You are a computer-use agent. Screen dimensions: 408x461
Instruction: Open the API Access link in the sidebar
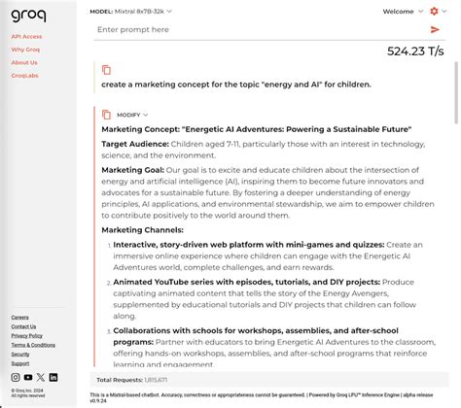tap(26, 36)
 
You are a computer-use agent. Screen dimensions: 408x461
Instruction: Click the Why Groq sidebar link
tap(25, 50)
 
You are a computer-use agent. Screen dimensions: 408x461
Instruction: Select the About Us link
tap(24, 62)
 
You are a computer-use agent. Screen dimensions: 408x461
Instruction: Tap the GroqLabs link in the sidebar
tap(25, 75)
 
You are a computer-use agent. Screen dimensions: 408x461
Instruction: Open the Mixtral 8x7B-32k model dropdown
tap(130, 12)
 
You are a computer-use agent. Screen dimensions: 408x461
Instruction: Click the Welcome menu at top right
tap(402, 12)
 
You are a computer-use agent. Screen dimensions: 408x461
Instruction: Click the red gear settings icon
tap(434, 12)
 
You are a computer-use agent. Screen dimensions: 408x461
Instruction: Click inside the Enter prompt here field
tap(253, 30)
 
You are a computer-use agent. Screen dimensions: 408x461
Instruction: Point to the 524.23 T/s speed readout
tap(418, 51)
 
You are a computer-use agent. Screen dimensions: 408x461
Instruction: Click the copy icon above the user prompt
tap(107, 70)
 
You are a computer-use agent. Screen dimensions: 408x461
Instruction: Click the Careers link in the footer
tap(19, 317)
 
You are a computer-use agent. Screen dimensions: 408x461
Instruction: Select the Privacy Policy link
tap(26, 335)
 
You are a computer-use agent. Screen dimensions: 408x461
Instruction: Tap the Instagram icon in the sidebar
tap(16, 377)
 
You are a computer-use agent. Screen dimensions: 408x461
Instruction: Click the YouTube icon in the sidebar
tap(28, 377)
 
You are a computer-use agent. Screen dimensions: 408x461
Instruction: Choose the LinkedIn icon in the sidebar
tap(53, 377)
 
